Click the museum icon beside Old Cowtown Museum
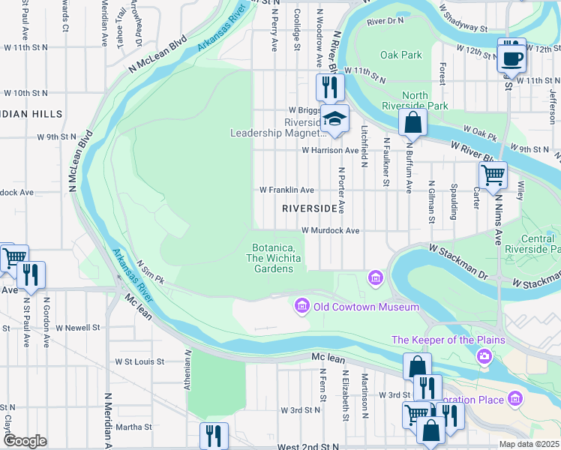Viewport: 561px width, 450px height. (x=301, y=306)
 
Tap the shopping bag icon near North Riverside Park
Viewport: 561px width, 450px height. (x=412, y=122)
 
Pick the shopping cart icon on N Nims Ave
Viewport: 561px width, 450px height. (x=493, y=175)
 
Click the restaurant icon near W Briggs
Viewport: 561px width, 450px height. (x=329, y=88)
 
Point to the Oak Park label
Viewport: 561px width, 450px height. (x=400, y=55)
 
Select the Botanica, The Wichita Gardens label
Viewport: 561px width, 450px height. (x=273, y=258)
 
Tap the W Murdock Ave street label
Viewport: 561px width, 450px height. (x=331, y=231)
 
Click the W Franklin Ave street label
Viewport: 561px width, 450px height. (x=286, y=190)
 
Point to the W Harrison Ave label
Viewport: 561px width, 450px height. (x=330, y=150)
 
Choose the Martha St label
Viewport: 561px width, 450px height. (x=133, y=427)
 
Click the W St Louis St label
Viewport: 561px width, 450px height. (x=139, y=361)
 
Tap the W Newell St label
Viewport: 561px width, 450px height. (x=76, y=328)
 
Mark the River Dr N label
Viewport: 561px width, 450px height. (x=385, y=20)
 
